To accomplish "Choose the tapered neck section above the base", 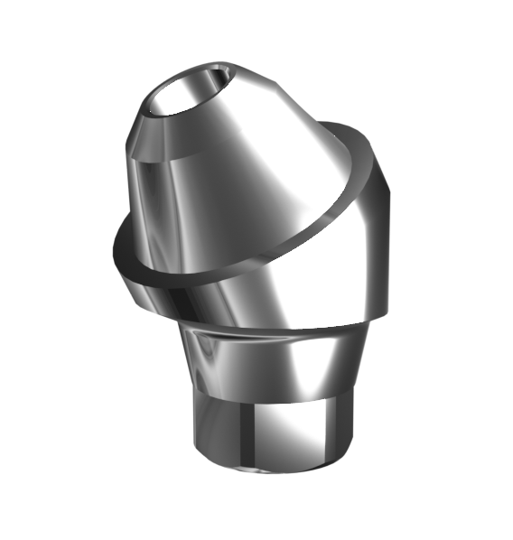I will pos(271,366).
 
